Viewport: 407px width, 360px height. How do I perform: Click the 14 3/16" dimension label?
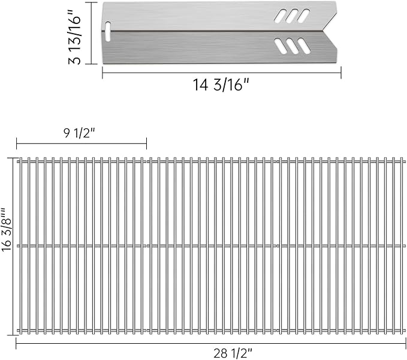[x=221, y=85]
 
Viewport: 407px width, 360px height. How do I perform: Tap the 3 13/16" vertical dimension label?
[x=74, y=37]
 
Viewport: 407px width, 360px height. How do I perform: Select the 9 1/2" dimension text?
[x=80, y=133]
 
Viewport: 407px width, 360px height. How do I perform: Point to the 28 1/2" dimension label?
[x=233, y=353]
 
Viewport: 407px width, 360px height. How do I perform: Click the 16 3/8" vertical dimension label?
[x=7, y=230]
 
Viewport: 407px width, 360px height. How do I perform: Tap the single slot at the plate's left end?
[x=108, y=31]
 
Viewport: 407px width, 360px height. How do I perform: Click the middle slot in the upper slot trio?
[x=292, y=16]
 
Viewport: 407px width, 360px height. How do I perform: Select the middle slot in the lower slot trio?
[x=292, y=46]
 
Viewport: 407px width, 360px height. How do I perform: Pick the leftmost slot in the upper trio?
[x=281, y=16]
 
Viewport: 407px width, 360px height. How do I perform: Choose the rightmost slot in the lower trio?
[x=304, y=46]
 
